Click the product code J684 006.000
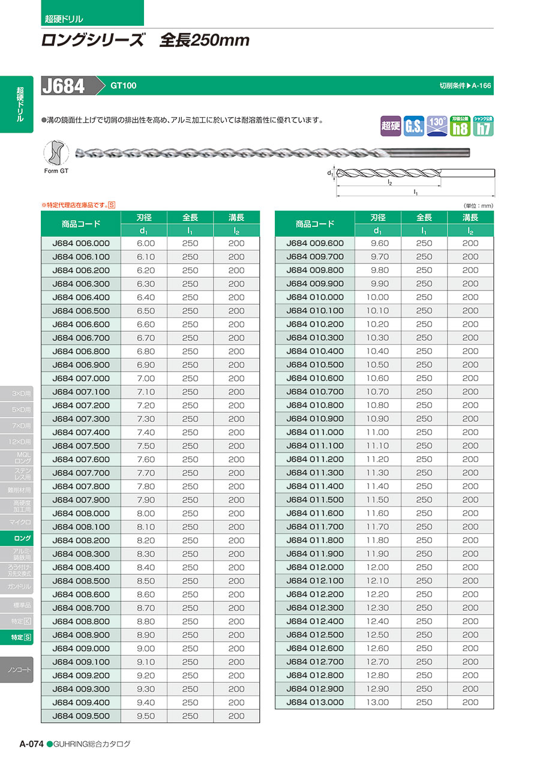point(81,243)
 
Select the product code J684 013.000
point(315,702)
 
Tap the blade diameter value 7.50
point(146,446)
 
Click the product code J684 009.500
point(81,716)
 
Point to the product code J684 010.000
point(315,297)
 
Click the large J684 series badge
point(64,86)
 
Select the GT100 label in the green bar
point(123,86)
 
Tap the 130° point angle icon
point(437,125)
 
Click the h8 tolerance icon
point(460,125)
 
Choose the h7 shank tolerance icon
point(483,125)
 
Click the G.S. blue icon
point(415,126)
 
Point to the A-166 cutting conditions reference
point(481,86)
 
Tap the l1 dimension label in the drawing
point(415,192)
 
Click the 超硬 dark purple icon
point(391,126)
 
